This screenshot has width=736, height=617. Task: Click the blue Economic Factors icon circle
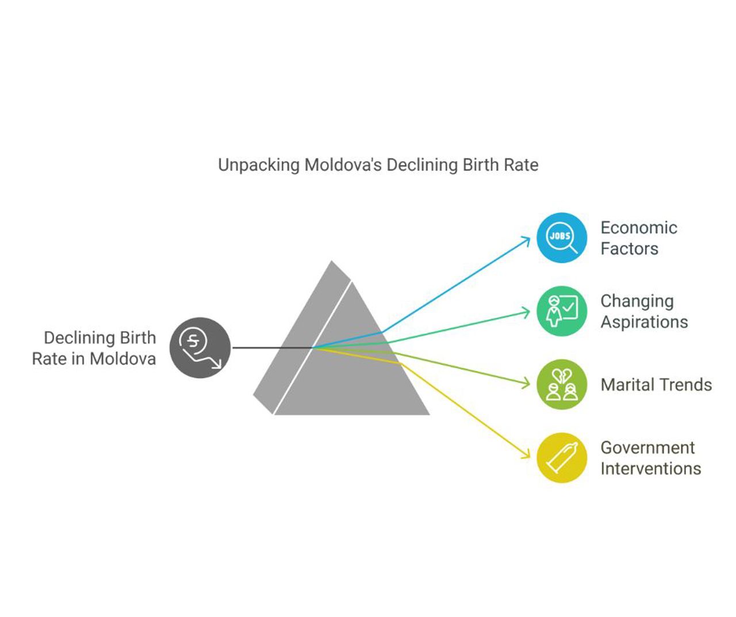click(x=562, y=237)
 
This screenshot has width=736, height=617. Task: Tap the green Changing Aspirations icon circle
click(x=562, y=311)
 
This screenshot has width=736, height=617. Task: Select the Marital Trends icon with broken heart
click(x=562, y=384)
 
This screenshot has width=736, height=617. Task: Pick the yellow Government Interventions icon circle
click(x=562, y=458)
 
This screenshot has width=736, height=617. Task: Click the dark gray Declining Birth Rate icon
click(x=200, y=347)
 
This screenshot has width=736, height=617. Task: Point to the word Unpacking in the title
click(x=259, y=165)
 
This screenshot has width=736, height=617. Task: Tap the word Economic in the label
click(x=639, y=228)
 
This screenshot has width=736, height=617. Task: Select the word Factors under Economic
click(x=629, y=249)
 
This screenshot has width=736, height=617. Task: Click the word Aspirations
click(x=644, y=322)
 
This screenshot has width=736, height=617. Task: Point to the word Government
click(x=647, y=447)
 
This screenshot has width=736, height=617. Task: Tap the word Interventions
click(x=650, y=469)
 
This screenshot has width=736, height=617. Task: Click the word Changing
click(x=637, y=301)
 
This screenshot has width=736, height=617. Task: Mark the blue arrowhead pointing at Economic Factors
click(x=527, y=239)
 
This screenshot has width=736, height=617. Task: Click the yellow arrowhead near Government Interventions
click(x=527, y=455)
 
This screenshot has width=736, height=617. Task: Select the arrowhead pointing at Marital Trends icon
click(x=527, y=383)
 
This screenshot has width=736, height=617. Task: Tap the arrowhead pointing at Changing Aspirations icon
click(x=527, y=312)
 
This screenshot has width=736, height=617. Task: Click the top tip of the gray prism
click(x=332, y=262)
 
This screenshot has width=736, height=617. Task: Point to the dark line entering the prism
click(x=270, y=347)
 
